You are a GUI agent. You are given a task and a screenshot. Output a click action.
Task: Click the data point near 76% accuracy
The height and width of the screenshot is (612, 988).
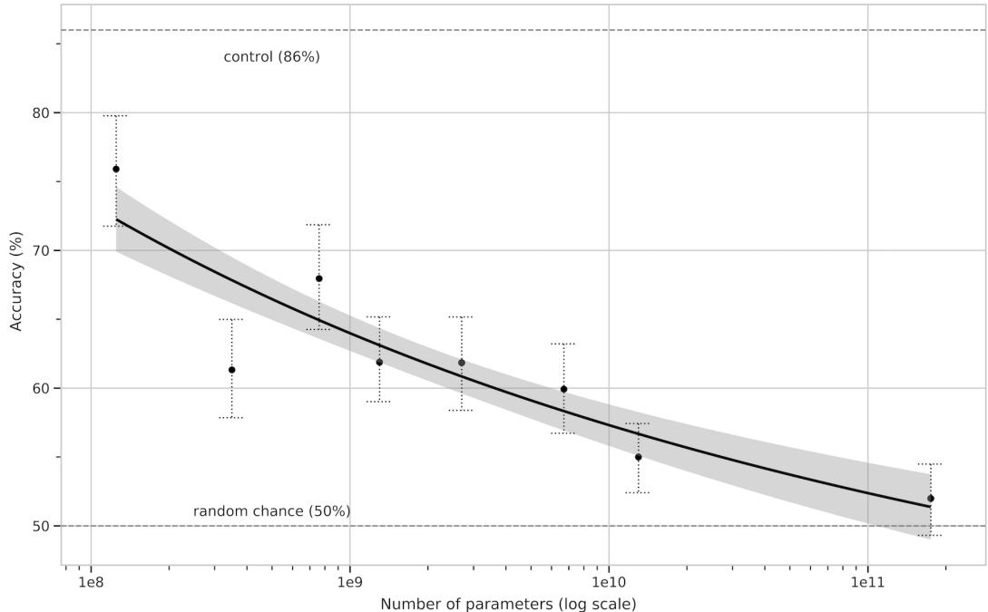(x=116, y=169)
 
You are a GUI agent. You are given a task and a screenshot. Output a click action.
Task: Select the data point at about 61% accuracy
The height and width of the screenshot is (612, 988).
(x=231, y=370)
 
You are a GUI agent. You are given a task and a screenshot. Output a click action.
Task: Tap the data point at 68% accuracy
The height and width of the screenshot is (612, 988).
(x=318, y=278)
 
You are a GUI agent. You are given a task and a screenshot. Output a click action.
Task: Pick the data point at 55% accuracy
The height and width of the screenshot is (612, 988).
(x=638, y=457)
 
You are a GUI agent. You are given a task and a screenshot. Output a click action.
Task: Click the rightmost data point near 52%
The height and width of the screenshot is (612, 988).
(x=931, y=498)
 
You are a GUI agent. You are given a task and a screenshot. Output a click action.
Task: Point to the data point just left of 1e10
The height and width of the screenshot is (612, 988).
(x=563, y=389)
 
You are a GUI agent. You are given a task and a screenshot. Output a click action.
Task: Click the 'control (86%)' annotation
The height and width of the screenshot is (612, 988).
(x=271, y=57)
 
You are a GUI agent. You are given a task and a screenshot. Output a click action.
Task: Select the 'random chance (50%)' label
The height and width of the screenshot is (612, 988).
(x=271, y=511)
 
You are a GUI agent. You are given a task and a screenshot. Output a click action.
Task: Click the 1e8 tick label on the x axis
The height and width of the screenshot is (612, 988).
(x=91, y=579)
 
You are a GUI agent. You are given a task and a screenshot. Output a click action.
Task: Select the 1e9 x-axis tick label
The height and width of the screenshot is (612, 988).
(x=349, y=579)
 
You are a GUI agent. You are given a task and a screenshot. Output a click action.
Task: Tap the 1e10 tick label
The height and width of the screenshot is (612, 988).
(x=608, y=579)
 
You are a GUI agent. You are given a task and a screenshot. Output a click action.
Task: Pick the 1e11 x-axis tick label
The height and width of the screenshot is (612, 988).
(x=867, y=579)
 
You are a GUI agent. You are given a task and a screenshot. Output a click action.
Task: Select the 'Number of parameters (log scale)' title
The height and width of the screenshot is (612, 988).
(x=508, y=603)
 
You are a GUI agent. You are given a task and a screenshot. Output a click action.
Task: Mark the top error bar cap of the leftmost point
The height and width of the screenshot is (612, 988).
(x=116, y=115)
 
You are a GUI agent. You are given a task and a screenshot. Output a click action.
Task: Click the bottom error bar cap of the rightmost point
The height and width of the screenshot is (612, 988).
(x=931, y=536)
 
